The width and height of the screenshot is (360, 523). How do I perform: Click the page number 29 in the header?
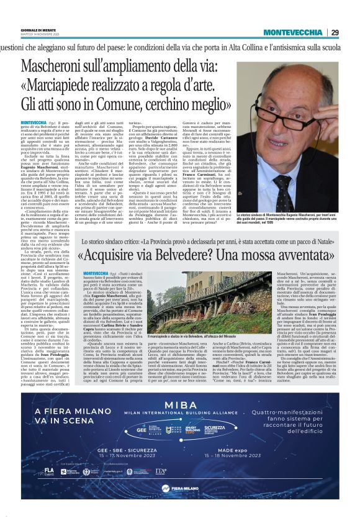334,32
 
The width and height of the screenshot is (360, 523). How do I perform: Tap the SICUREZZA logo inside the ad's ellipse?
215,429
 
